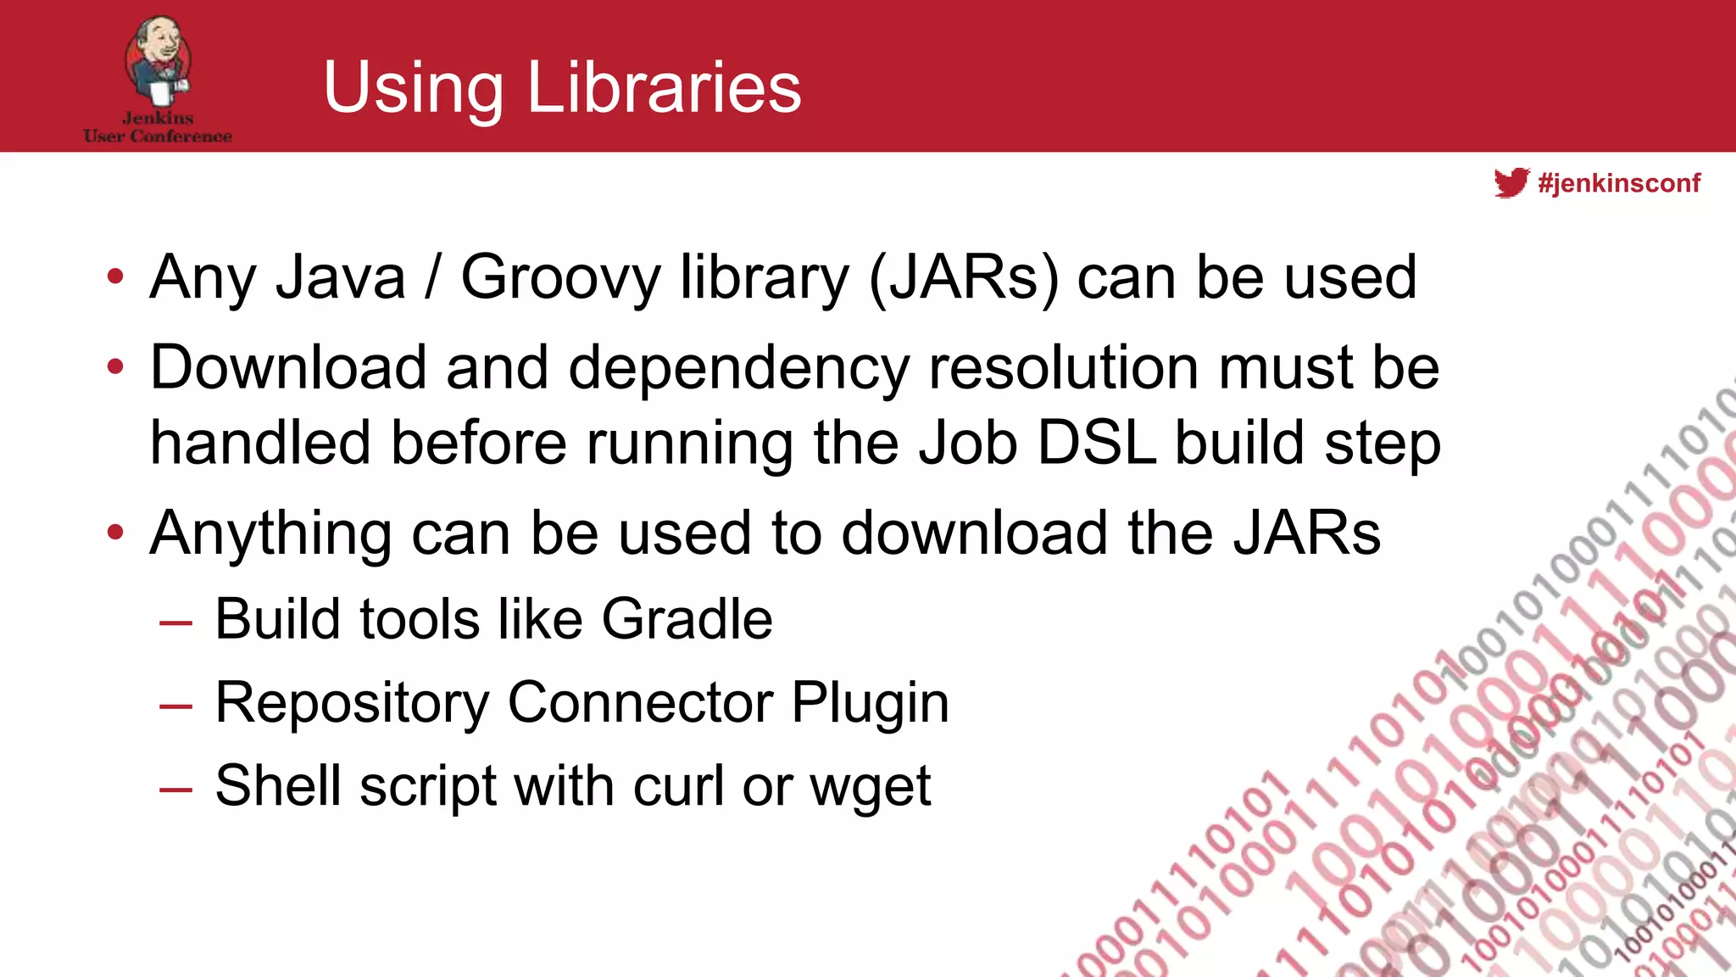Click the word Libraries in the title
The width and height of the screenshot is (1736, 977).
tap(664, 87)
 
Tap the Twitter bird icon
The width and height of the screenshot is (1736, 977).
tap(1511, 182)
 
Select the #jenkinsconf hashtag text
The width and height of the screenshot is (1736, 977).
tap(1619, 183)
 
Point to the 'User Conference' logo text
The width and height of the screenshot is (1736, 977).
tap(158, 136)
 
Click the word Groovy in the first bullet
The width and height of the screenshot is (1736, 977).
tap(559, 279)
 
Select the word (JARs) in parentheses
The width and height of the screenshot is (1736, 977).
tap(964, 279)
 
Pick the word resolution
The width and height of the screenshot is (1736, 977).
tap(1064, 368)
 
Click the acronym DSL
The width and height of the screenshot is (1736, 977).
tap(1097, 443)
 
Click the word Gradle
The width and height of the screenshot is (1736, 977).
tap(687, 618)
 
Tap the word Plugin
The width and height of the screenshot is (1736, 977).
tap(870, 704)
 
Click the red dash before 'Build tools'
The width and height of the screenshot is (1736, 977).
tap(175, 623)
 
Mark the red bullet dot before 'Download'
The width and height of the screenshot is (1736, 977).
tap(116, 367)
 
